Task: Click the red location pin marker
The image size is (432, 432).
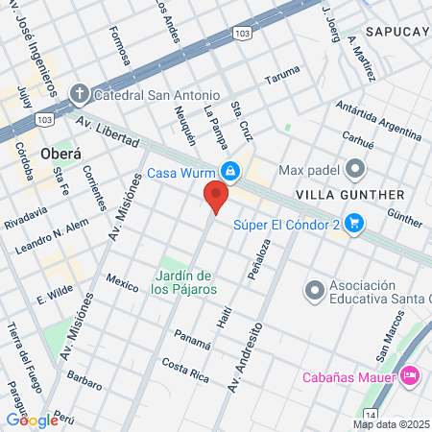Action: (x=216, y=197)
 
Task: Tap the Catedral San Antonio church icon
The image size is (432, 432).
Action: (x=79, y=94)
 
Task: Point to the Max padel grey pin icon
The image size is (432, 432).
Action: (x=356, y=171)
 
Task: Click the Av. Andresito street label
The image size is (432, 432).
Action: (x=243, y=358)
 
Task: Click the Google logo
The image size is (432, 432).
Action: (x=32, y=420)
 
